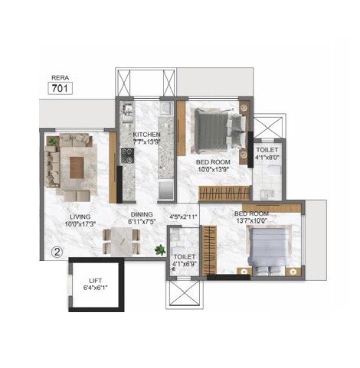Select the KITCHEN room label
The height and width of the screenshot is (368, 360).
coord(146,135)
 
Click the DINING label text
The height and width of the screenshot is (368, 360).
coord(141,215)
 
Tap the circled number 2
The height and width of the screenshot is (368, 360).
coord(57,249)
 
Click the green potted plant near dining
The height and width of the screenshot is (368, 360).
coord(160,249)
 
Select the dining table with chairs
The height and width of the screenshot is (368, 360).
coord(123,240)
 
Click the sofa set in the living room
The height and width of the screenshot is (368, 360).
coord(73,161)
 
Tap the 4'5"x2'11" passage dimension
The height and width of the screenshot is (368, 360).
coord(183,217)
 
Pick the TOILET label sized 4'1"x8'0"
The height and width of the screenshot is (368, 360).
coord(267,152)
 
